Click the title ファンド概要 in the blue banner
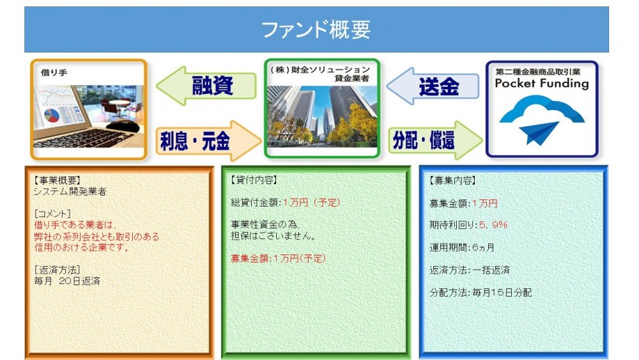coord(316,30)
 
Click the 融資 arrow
coord(206,86)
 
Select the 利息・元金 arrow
coord(208,141)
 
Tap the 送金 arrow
coord(433,86)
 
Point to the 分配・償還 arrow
coord(435,140)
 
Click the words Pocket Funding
coord(542,83)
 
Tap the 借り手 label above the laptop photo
coord(54,72)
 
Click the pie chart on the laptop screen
coord(52,115)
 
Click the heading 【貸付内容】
coord(254,180)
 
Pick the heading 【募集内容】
coord(452,180)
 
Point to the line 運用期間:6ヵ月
coord(462,247)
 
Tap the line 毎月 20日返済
coord(67,281)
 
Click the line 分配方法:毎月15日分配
coord(481,292)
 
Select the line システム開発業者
coord(70,192)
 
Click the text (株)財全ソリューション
coord(320,70)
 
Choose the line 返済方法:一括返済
coord(470,270)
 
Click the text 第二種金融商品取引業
coord(538,72)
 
